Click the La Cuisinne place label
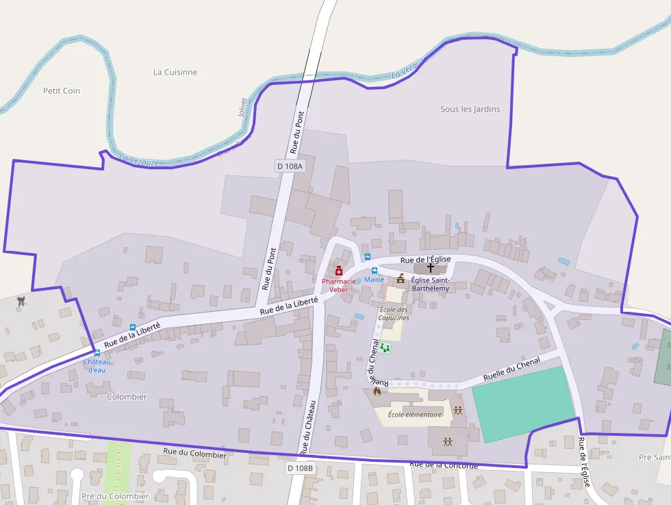[x=175, y=72]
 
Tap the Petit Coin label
[x=62, y=90]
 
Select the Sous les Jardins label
[x=470, y=109]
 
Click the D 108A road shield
[x=290, y=166]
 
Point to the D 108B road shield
[x=300, y=468]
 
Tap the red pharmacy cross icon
[x=338, y=271]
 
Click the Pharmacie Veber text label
[x=339, y=285]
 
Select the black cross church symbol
[x=430, y=268]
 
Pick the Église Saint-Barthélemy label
[x=430, y=284]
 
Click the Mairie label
[x=375, y=280]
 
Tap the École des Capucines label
[x=394, y=314]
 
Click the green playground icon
[x=385, y=348]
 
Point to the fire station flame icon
[x=377, y=391]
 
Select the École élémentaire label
[x=415, y=414]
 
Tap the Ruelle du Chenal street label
[x=511, y=368]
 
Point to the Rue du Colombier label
[x=194, y=454]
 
